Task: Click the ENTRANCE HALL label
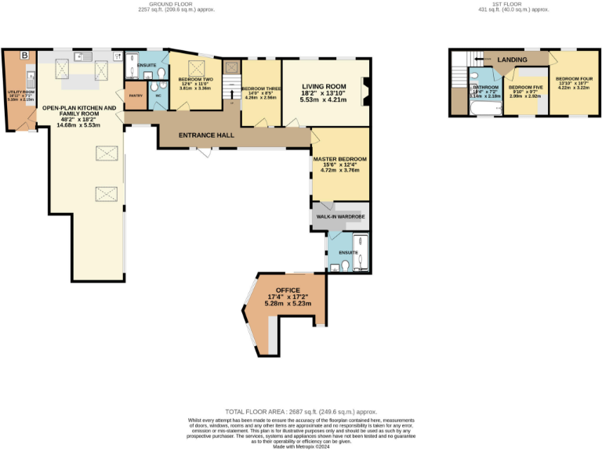coord(207,135)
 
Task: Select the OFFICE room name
coord(288,290)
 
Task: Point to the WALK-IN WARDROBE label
coord(340,215)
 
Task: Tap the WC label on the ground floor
coord(158,96)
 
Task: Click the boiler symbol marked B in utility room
coord(25,56)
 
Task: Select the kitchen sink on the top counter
coord(79,57)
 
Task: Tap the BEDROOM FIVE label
coord(525,87)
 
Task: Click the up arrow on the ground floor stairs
coord(232,93)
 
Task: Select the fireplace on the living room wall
coord(364,92)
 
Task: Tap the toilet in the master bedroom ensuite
coord(335,267)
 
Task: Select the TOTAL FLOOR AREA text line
coord(301,411)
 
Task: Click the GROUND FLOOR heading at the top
coord(154,4)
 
